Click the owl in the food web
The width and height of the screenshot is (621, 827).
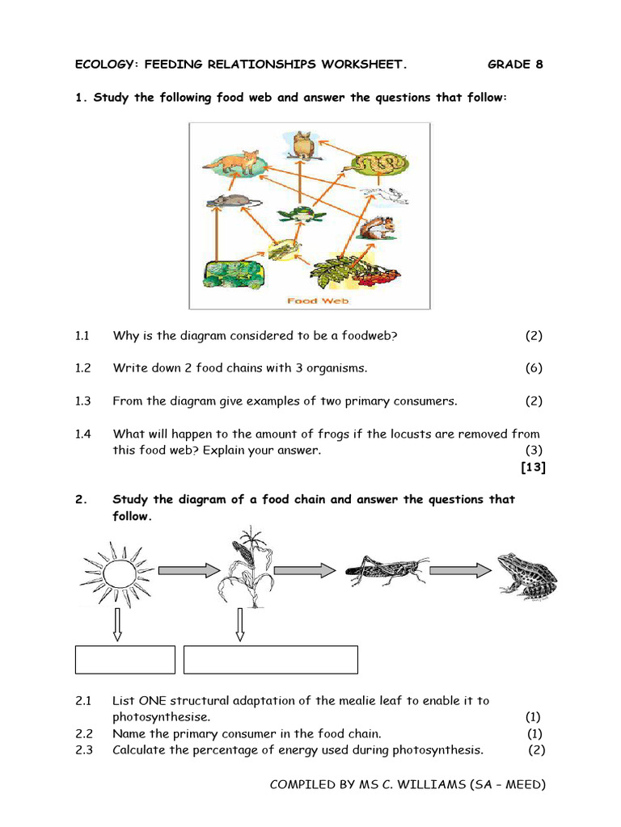coord(304,145)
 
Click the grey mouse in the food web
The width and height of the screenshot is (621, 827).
coord(232,202)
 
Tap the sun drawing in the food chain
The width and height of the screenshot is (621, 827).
coord(116,573)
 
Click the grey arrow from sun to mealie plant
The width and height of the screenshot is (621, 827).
coord(188,570)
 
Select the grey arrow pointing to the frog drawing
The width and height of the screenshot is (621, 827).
coord(460,570)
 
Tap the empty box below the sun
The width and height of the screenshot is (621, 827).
coord(125,659)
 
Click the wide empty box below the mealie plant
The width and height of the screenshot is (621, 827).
coord(271,659)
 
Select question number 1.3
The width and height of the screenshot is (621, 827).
coord(82,401)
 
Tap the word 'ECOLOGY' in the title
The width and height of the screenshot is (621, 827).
coord(103,65)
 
